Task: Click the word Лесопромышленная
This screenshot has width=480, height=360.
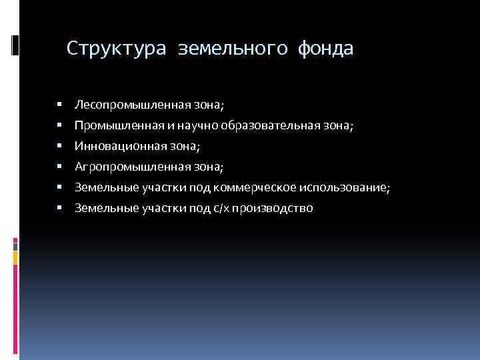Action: tap(122, 105)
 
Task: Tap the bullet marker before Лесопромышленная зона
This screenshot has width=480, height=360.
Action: tap(59, 105)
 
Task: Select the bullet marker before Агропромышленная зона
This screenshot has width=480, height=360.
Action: tap(59, 167)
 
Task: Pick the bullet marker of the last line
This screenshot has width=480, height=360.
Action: tap(59, 209)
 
